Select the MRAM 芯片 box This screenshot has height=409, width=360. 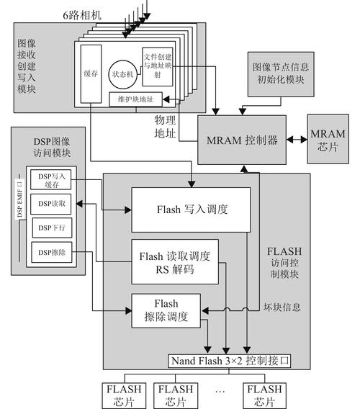tap(328, 138)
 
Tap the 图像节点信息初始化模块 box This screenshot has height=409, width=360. tap(278, 73)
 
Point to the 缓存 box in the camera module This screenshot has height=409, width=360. tap(90, 73)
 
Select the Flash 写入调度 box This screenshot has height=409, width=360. tap(191, 210)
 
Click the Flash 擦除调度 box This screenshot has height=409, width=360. tap(166, 311)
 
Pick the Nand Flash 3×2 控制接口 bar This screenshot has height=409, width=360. tap(228, 360)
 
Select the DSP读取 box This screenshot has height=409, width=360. tap(52, 205)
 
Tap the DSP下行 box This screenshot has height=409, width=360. tap(52, 228)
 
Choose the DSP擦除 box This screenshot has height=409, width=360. tap(52, 252)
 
